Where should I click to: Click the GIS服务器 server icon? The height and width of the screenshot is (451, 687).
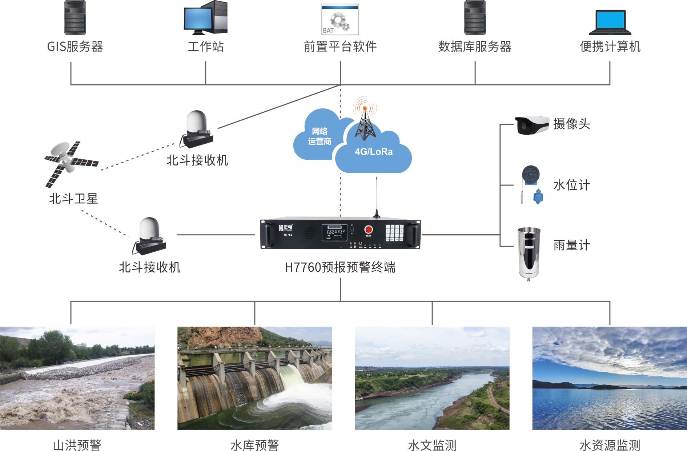pos(75,17)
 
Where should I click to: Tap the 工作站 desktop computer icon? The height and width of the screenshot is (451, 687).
pos(205,17)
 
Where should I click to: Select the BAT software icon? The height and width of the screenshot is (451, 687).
pos(340,19)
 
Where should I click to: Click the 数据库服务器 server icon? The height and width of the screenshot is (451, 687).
pos(475,17)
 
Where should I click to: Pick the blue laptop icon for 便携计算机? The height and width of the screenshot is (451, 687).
pos(610,22)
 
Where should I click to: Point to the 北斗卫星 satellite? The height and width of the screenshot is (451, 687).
pos(71,164)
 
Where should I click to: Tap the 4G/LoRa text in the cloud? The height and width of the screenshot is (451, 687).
pos(374,152)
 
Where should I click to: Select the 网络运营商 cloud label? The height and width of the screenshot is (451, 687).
pos(320,136)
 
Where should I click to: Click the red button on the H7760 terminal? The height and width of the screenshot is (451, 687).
pos(368,230)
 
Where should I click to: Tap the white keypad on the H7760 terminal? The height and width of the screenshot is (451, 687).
pos(394,233)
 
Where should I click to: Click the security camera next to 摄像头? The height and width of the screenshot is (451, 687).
pos(532,125)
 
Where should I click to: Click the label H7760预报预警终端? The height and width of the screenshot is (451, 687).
pos(340,267)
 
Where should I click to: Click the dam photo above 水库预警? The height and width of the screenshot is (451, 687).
pos(254,378)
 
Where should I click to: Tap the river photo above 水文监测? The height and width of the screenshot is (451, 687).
pos(432,378)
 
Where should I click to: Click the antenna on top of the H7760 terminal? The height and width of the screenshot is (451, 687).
pos(377,198)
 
